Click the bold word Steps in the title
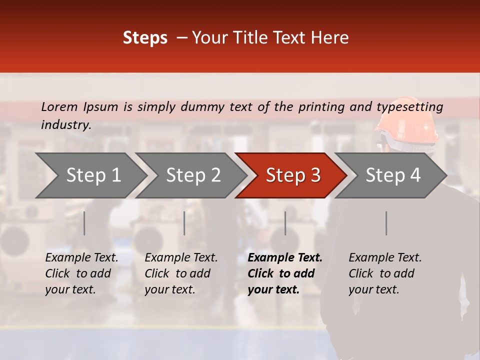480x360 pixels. pos(145,38)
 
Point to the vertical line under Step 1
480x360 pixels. pos(84,223)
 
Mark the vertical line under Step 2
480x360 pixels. pos(184,223)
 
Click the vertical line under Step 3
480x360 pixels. pos(285,223)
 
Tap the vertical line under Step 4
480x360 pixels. pos(386,223)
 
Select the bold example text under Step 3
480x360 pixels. pos(284,273)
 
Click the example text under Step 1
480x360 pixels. pos(81,273)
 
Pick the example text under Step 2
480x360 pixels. pos(181,273)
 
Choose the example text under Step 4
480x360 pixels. pos(385,273)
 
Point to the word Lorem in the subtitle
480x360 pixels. pos(59,106)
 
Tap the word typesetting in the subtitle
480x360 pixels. pos(409,106)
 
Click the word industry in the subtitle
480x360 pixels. pos(66,125)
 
